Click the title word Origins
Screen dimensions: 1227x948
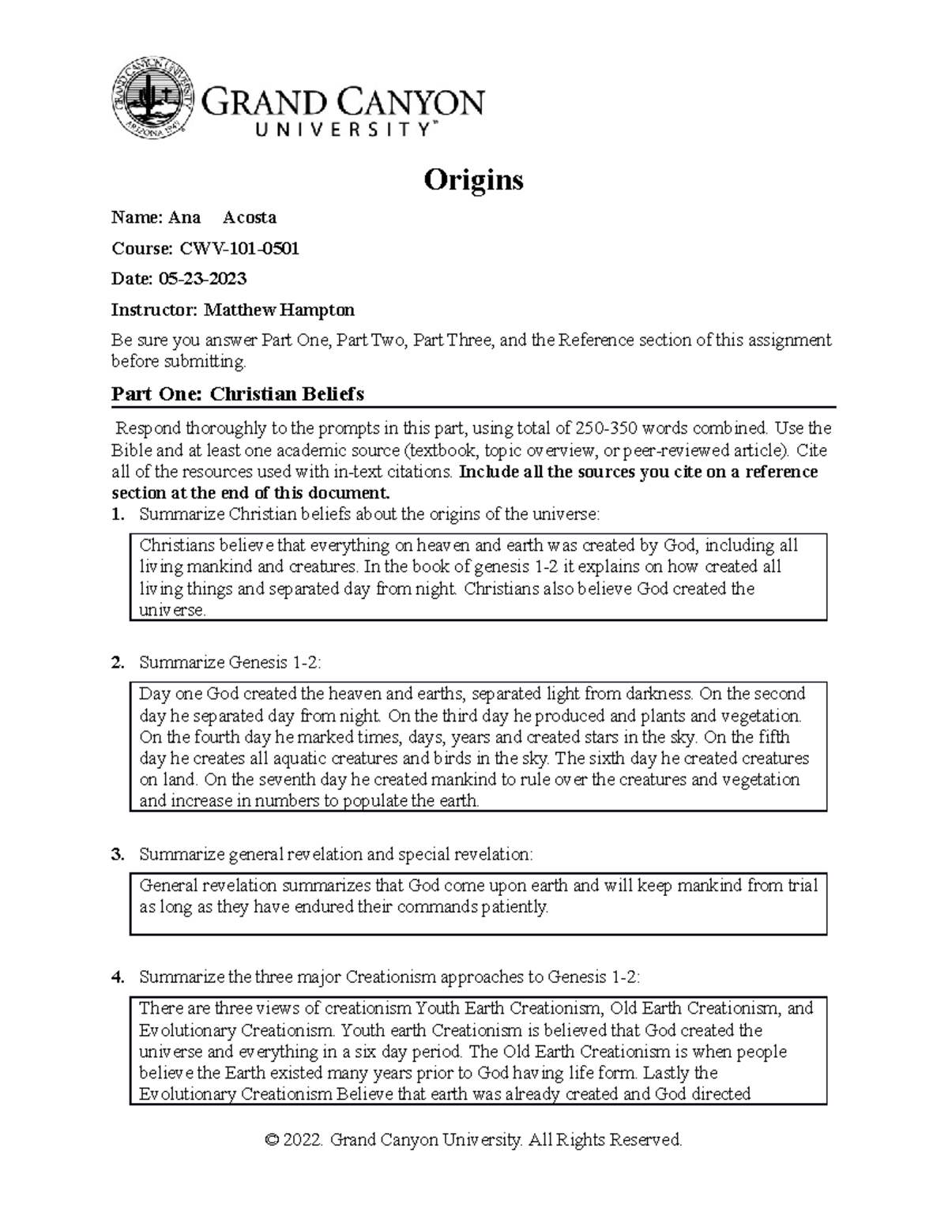pyautogui.click(x=473, y=180)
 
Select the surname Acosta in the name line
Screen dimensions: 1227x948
pyautogui.click(x=250, y=217)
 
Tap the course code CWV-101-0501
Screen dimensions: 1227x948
pyautogui.click(x=240, y=249)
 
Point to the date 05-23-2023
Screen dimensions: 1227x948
pyautogui.click(x=203, y=279)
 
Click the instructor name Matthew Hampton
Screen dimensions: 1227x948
pyautogui.click(x=280, y=309)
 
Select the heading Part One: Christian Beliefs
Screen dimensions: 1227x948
pyautogui.click(x=238, y=393)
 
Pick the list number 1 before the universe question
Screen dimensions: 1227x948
pyautogui.click(x=118, y=515)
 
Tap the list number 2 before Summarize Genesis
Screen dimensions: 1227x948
pyautogui.click(x=118, y=663)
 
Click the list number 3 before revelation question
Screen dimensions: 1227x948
pyautogui.click(x=118, y=855)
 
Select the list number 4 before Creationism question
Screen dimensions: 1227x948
pyautogui.click(x=118, y=977)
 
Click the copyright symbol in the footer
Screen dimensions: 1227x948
pyautogui.click(x=273, y=1140)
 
